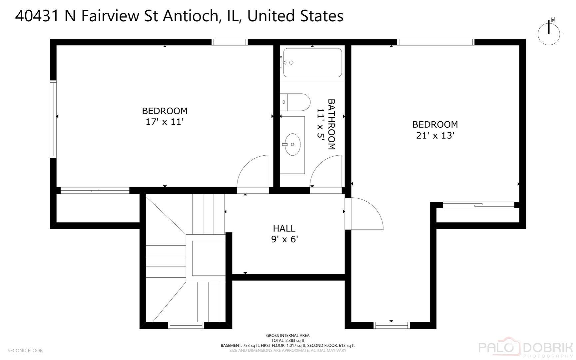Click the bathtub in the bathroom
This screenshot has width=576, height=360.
click(312, 63)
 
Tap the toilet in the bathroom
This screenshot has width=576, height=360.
click(295, 102)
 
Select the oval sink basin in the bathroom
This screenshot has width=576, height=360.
click(292, 144)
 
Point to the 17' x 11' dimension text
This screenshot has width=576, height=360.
click(165, 122)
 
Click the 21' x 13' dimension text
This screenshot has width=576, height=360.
click(435, 136)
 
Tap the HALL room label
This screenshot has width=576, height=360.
click(284, 228)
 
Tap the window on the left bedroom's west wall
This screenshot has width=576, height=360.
click(53, 119)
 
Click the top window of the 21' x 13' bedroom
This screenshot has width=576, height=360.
click(435, 42)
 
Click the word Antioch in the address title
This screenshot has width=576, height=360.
click(193, 16)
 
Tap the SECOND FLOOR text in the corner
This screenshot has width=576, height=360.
click(25, 350)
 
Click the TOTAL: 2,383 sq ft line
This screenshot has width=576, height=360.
click(288, 340)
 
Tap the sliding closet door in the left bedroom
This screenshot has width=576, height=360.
click(95, 190)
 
